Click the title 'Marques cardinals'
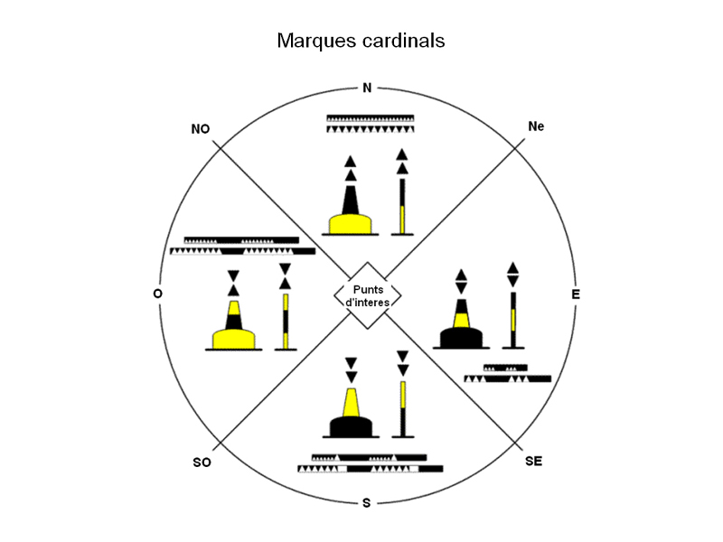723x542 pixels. [x=361, y=42]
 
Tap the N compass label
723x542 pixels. [x=366, y=88]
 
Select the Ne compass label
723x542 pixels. [x=536, y=126]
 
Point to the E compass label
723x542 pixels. [x=576, y=294]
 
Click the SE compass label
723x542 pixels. [x=533, y=462]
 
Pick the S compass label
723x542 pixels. [x=366, y=502]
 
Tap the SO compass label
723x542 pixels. [x=202, y=463]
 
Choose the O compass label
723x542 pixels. [x=159, y=294]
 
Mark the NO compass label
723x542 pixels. [x=201, y=129]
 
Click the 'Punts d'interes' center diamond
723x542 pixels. [x=367, y=295]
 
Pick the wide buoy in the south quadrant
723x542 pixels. [x=352, y=412]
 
